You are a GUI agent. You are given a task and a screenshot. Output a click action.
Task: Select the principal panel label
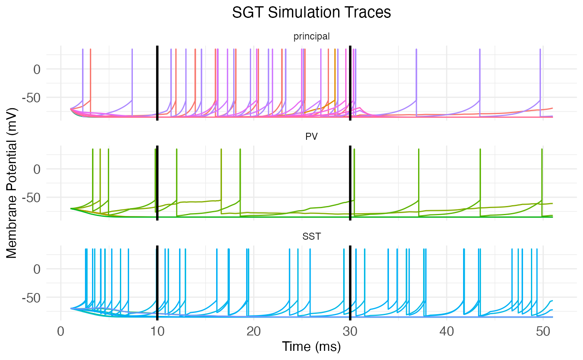pos(311,37)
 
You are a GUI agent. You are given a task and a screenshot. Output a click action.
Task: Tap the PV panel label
pos(311,137)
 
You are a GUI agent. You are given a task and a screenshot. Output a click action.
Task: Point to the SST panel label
pos(311,237)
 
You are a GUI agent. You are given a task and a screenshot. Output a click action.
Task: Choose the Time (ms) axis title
pos(311,347)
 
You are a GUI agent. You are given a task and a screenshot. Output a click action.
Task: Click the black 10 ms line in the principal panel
pos(157,83)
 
